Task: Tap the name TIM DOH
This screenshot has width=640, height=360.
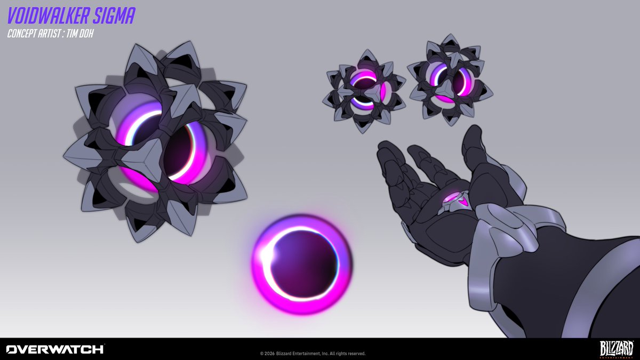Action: tap(79, 34)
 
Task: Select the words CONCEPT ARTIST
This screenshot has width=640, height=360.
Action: tap(34, 34)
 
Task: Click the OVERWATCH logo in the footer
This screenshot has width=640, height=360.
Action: tap(55, 349)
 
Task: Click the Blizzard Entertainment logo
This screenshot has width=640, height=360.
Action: tap(616, 349)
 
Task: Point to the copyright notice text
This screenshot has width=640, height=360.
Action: tap(313, 354)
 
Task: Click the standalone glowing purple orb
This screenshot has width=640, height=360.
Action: tap(302, 264)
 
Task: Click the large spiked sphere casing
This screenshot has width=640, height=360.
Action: tap(156, 141)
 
